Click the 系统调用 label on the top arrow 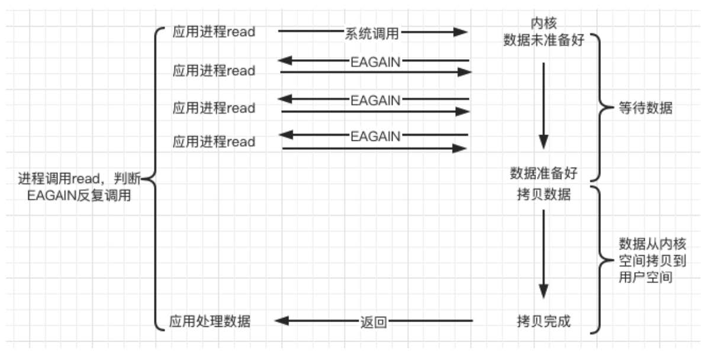[x=371, y=33]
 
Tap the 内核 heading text [x=543, y=23]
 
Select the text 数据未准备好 [x=543, y=40]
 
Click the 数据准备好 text [x=543, y=173]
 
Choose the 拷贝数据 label [x=543, y=194]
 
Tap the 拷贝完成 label [x=543, y=321]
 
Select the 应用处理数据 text [x=210, y=322]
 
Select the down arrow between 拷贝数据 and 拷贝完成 [x=543, y=255]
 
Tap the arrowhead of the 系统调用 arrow [x=461, y=32]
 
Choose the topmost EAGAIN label [x=375, y=60]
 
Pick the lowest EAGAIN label [x=375, y=136]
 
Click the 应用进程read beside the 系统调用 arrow [x=214, y=31]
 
